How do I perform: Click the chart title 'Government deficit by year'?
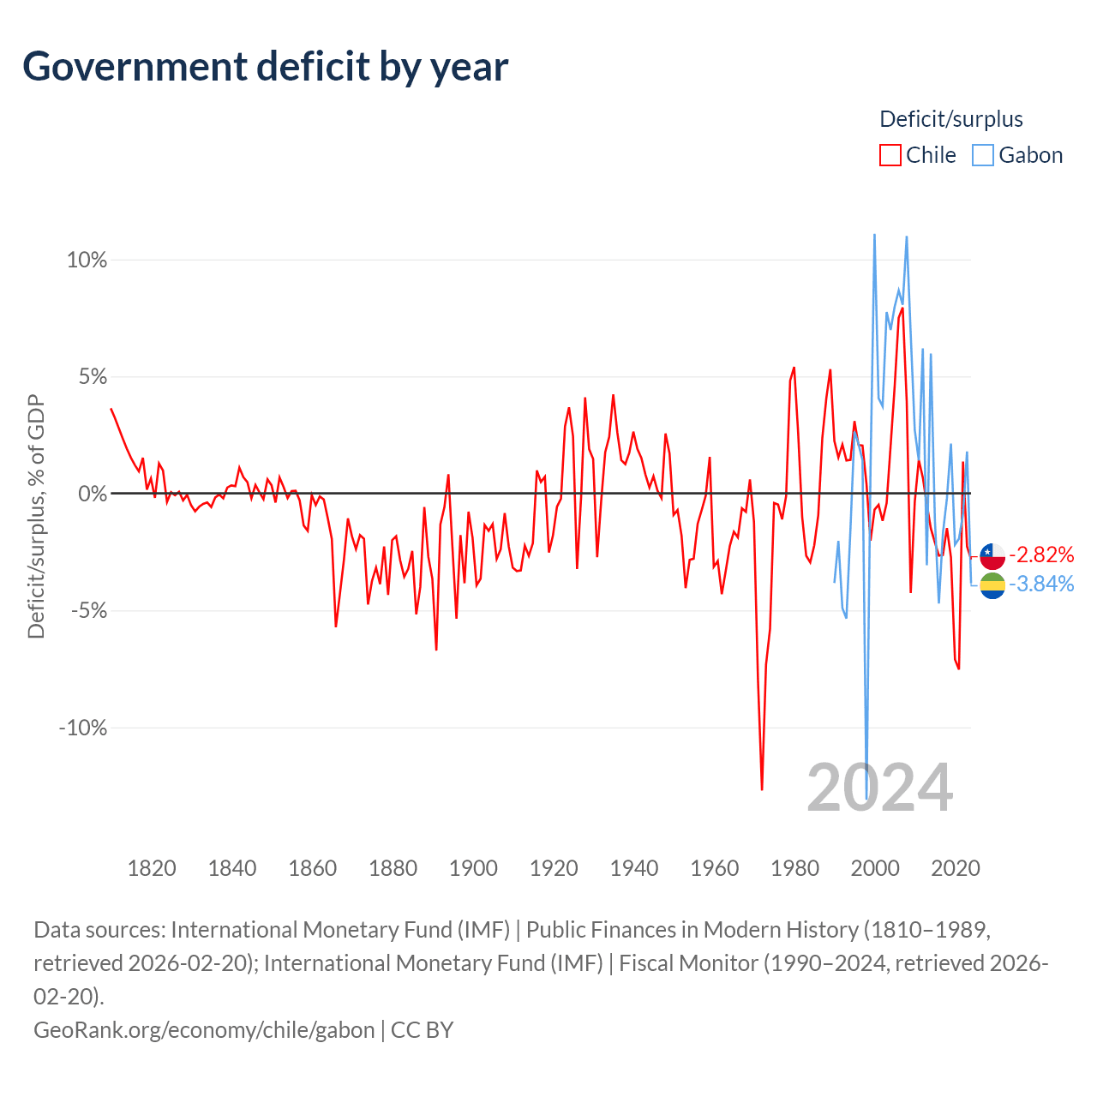tap(265, 67)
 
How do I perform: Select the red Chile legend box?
tap(890, 155)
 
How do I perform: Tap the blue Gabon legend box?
tap(982, 155)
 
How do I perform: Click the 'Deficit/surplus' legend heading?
tap(950, 119)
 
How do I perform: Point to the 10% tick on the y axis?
tap(87, 261)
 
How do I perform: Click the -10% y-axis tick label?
tap(83, 728)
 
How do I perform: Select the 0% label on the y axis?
tap(93, 494)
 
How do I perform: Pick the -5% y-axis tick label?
tap(89, 611)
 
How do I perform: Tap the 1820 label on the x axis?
tap(152, 868)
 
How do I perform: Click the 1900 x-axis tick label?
tap(473, 868)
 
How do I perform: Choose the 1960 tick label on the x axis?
tap(715, 868)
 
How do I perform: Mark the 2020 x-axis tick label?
tap(956, 868)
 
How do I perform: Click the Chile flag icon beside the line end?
tap(992, 556)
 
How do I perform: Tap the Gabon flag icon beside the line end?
tap(992, 586)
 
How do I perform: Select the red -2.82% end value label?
tap(1041, 554)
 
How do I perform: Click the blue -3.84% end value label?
tap(1041, 584)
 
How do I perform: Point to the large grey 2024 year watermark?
tap(880, 788)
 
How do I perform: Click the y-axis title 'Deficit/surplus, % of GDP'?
tap(37, 516)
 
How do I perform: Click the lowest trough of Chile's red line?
tap(762, 789)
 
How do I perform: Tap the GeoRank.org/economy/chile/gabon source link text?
tap(204, 1030)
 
